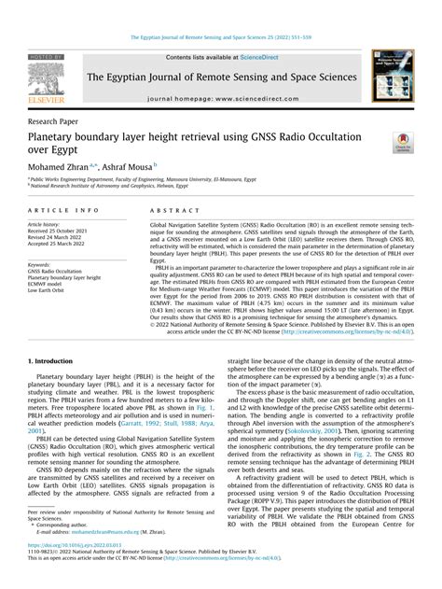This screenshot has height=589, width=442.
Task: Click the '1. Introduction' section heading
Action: pyautogui.click(x=58, y=358)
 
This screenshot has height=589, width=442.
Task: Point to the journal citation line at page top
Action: pyautogui.click(x=220, y=37)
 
